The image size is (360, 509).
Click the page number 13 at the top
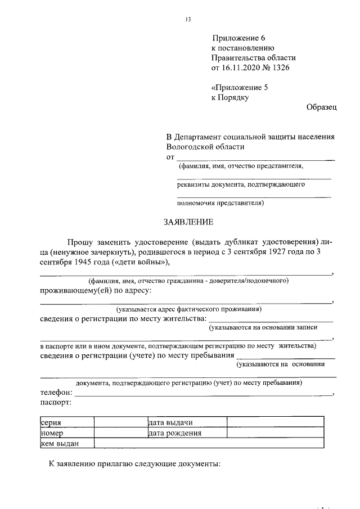(188, 20)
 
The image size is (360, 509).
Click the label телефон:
(57, 393)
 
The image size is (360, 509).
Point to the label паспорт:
(56, 403)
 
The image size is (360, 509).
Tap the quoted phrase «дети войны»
(140, 262)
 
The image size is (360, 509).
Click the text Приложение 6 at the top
(238, 38)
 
